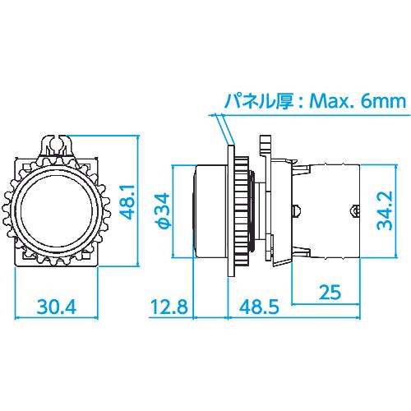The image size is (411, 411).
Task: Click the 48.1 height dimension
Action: click(128, 202)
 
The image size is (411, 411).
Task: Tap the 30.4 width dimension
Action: click(57, 307)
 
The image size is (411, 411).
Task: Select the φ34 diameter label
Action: click(163, 210)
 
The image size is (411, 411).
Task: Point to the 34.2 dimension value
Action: click(385, 210)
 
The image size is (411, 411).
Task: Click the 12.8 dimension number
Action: click(169, 307)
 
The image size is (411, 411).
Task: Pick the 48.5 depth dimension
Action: click(259, 307)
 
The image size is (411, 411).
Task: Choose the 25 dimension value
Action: click(330, 292)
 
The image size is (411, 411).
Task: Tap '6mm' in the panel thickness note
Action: click(383, 101)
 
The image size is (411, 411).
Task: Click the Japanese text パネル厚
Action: click(259, 101)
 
